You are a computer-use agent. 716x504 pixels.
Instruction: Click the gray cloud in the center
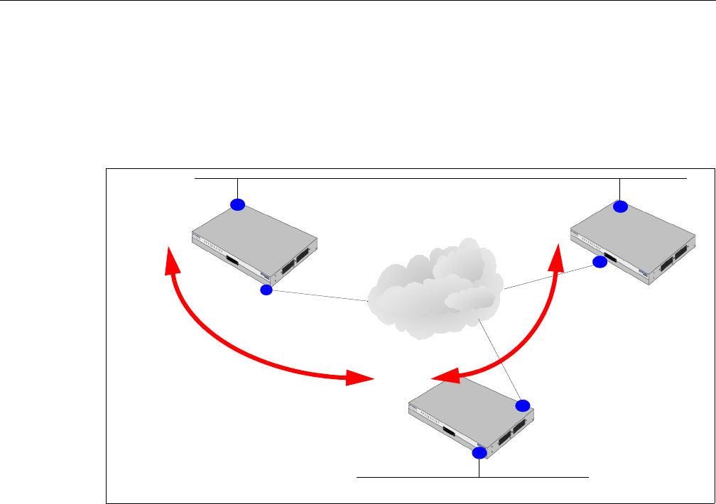pos(436,284)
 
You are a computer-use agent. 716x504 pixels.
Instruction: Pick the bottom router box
pos(469,419)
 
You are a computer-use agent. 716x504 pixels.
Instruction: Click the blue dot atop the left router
pos(237,204)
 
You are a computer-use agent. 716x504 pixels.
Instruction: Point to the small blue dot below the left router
pos(266,290)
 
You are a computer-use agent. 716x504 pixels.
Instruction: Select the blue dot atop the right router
pos(621,207)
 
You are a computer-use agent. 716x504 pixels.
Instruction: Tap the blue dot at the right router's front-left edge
pos(600,262)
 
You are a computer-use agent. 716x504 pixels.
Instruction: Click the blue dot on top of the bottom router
pos(523,405)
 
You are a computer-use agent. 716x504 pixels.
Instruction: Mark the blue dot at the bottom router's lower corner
pos(479,452)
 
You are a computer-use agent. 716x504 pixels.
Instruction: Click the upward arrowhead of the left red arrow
pos(170,261)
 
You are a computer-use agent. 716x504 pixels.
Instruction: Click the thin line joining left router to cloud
pos(320,296)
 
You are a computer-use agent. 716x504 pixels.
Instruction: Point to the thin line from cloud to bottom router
pos(500,359)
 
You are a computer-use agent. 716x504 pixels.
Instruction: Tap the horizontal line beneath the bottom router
pos(426,478)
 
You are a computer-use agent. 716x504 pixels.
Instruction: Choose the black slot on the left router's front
pos(232,261)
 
